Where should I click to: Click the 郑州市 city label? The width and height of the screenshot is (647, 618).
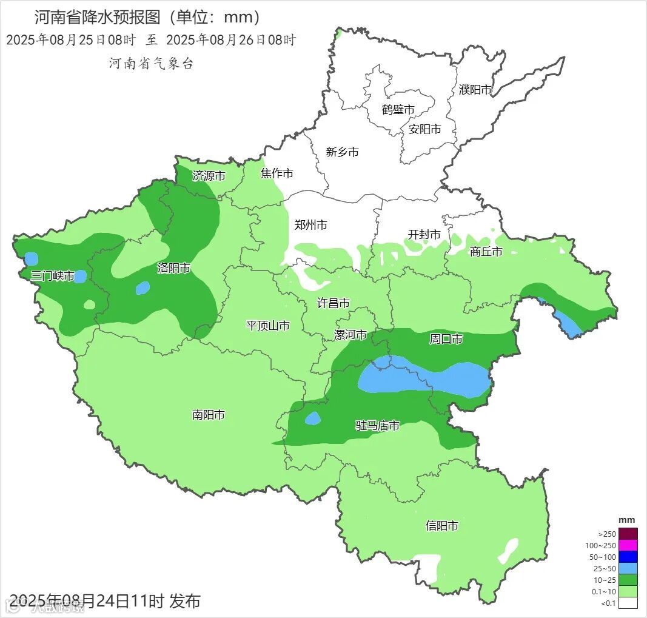(x=310, y=225)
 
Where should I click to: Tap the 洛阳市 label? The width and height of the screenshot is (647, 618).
(x=174, y=268)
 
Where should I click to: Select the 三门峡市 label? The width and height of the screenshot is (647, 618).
(x=52, y=277)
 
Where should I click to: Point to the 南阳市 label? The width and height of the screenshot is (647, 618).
(x=209, y=415)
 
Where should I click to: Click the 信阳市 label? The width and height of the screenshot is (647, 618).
(x=442, y=526)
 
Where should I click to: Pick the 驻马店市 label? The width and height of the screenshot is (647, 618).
(x=377, y=426)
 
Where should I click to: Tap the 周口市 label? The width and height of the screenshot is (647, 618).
(x=446, y=339)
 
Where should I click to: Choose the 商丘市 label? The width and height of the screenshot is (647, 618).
(x=486, y=252)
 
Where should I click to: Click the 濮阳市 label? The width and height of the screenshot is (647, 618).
(x=475, y=90)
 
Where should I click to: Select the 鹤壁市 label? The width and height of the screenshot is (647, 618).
(x=398, y=110)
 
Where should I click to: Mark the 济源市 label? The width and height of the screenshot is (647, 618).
(x=209, y=176)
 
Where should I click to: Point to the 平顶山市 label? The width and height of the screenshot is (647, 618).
(x=267, y=326)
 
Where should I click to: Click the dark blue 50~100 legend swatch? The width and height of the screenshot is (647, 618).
(x=628, y=557)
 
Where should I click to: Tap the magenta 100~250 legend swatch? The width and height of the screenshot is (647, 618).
(x=628, y=545)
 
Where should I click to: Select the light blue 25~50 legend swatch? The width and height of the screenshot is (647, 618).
(x=628, y=568)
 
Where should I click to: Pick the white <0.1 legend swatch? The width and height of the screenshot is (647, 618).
(x=628, y=603)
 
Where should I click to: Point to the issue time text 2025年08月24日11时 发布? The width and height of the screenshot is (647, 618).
(x=106, y=601)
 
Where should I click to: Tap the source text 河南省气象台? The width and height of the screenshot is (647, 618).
(x=151, y=64)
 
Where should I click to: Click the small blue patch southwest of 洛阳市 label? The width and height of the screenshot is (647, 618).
(x=142, y=288)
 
